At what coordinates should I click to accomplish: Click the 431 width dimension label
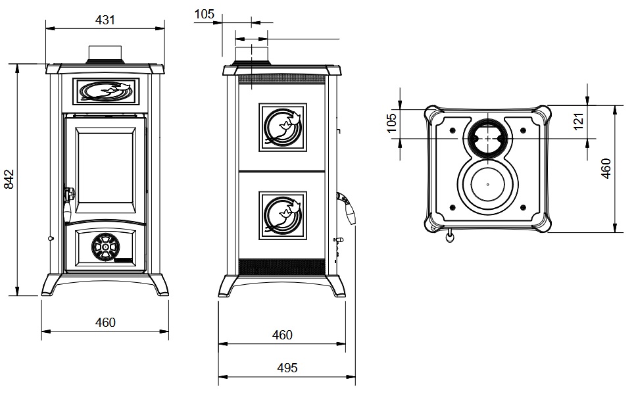[105, 20]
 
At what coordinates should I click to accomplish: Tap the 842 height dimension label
[9, 179]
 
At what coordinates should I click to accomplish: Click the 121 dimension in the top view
[579, 121]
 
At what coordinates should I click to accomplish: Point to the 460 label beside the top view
[606, 168]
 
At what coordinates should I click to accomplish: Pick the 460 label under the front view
[105, 322]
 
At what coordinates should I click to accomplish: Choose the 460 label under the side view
[282, 335]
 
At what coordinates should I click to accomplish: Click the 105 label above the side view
[205, 14]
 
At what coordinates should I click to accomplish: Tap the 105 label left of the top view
[391, 122]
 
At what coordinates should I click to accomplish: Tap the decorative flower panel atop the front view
[105, 92]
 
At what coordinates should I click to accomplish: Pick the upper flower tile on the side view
[283, 127]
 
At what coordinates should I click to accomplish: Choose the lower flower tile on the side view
[283, 214]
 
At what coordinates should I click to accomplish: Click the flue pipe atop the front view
[105, 54]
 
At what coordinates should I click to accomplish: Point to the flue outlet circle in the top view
[487, 139]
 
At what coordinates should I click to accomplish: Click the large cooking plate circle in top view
[487, 185]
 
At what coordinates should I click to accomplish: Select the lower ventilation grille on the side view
[282, 266]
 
